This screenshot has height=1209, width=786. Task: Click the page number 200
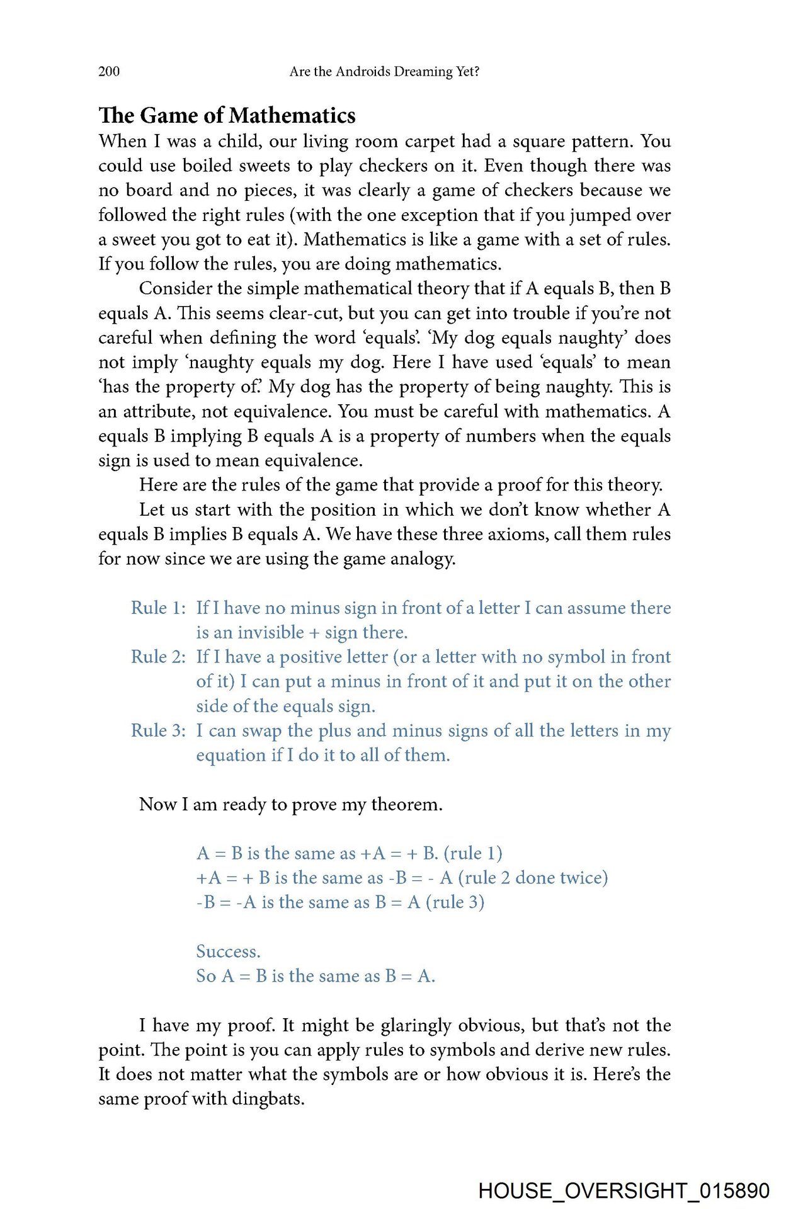[x=109, y=71]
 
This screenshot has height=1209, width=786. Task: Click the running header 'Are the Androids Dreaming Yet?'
[x=384, y=71]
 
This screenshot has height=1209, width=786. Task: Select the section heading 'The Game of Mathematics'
[x=227, y=115]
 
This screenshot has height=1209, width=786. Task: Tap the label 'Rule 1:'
[x=158, y=608]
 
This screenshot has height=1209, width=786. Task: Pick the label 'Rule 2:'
[x=158, y=657]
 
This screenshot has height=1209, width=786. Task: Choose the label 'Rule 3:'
[x=158, y=730]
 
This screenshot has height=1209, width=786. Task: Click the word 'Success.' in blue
[x=228, y=951]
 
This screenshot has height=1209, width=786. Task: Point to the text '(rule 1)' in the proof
[x=473, y=853]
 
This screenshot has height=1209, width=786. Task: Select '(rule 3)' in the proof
[x=455, y=902]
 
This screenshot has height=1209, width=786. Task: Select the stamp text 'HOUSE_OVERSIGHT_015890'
[x=624, y=1191]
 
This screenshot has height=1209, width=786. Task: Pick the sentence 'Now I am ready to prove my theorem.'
[x=290, y=804]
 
